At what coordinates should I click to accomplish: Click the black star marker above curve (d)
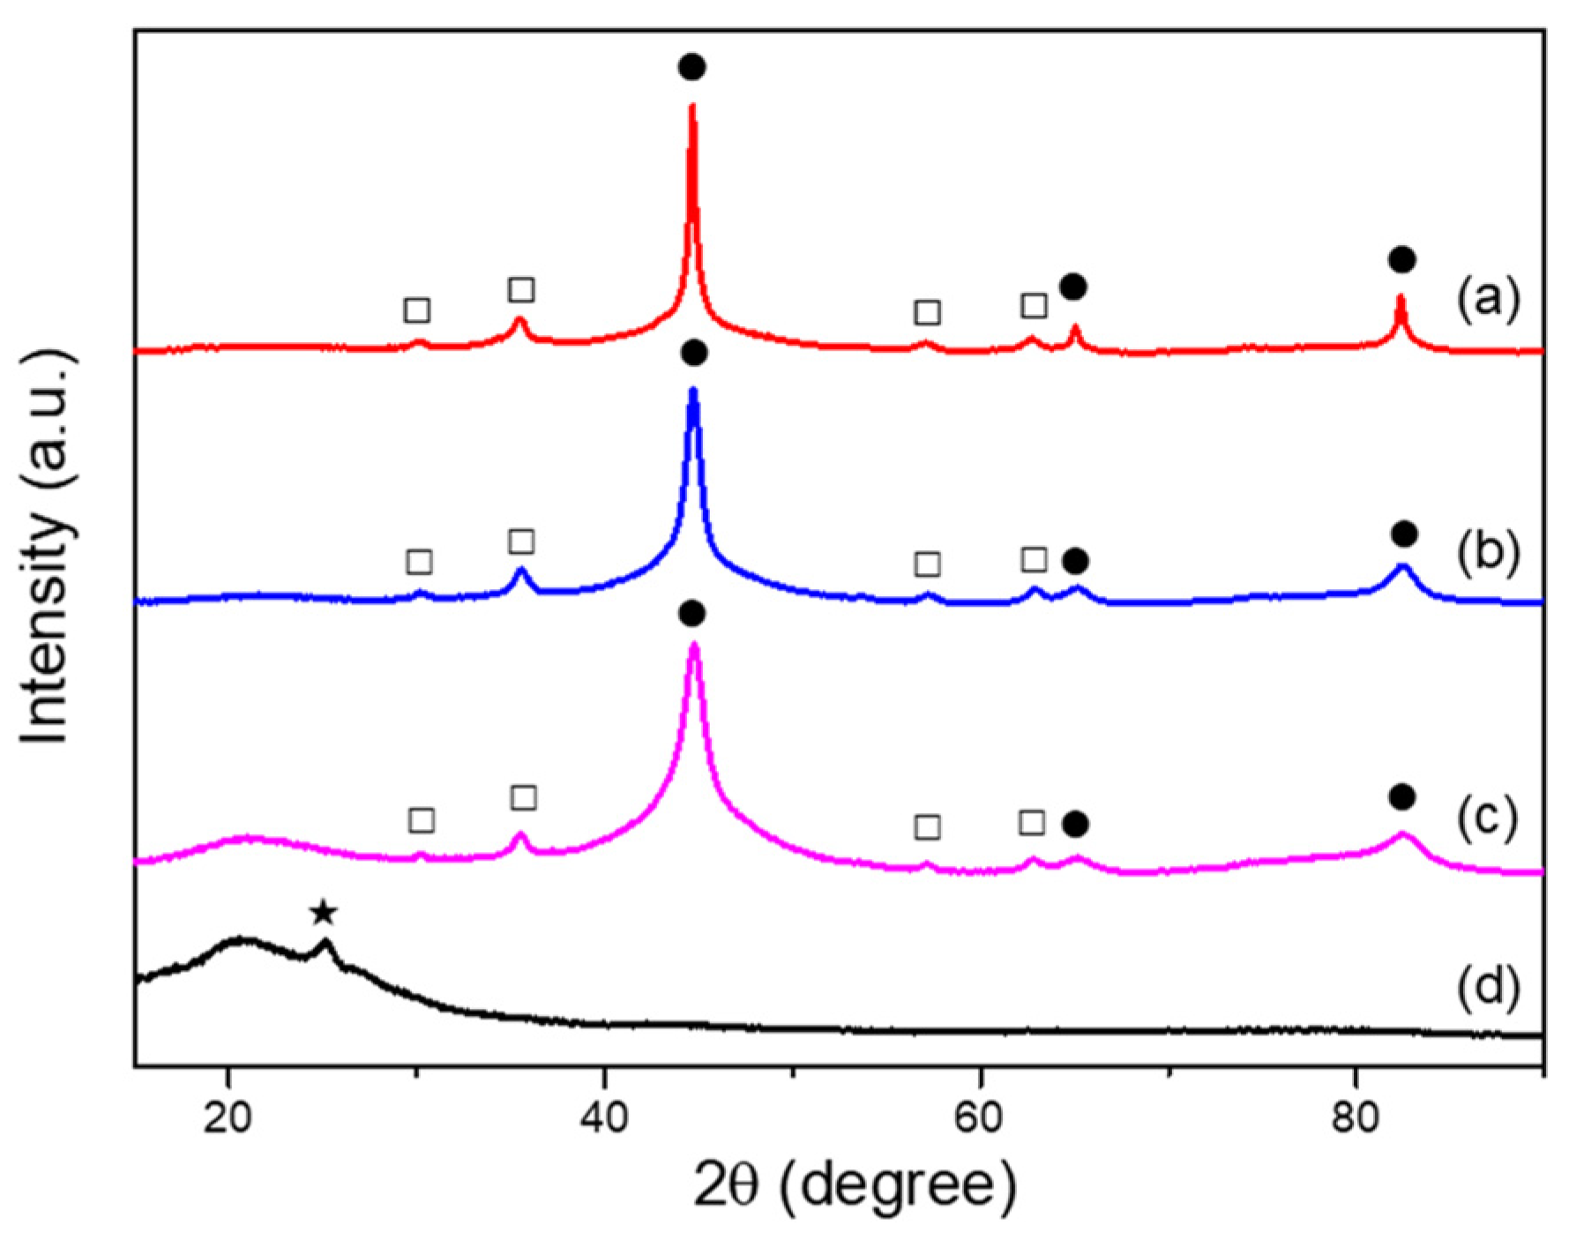coord(324,913)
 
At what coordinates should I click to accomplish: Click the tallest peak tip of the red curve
coord(691,107)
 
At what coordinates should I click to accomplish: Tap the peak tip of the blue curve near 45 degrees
coord(693,391)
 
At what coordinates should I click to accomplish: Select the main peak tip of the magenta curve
coord(695,645)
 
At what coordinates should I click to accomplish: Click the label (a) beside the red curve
coord(1488,299)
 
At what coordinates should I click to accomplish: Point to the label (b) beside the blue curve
coord(1488,553)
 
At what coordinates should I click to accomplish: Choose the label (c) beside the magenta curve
coord(1488,818)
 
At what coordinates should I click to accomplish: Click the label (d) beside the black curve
coord(1488,988)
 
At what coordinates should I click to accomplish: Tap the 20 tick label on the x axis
coord(228,1117)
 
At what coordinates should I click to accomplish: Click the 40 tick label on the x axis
coord(604,1117)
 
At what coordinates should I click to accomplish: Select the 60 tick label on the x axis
coord(980,1117)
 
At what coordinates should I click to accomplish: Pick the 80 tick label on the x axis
coord(1356,1117)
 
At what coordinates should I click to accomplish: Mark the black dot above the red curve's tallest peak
coord(692,67)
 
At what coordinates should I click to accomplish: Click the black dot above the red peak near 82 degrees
coord(1402,259)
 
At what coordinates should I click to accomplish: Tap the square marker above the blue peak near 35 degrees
coord(521,542)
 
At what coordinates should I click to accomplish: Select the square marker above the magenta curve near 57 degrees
coord(927,827)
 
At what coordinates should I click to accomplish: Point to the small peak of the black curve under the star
coord(325,943)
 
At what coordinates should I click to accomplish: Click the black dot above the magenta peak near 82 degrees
coord(1402,797)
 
